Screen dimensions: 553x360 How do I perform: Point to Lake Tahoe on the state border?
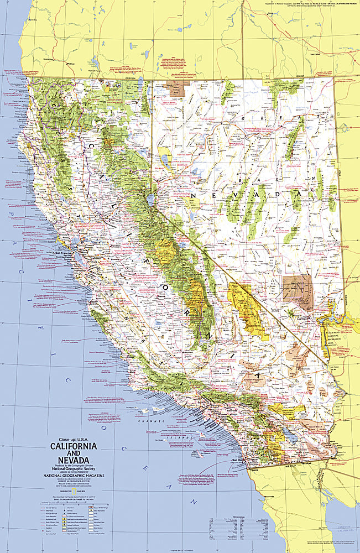pos(150,200)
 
